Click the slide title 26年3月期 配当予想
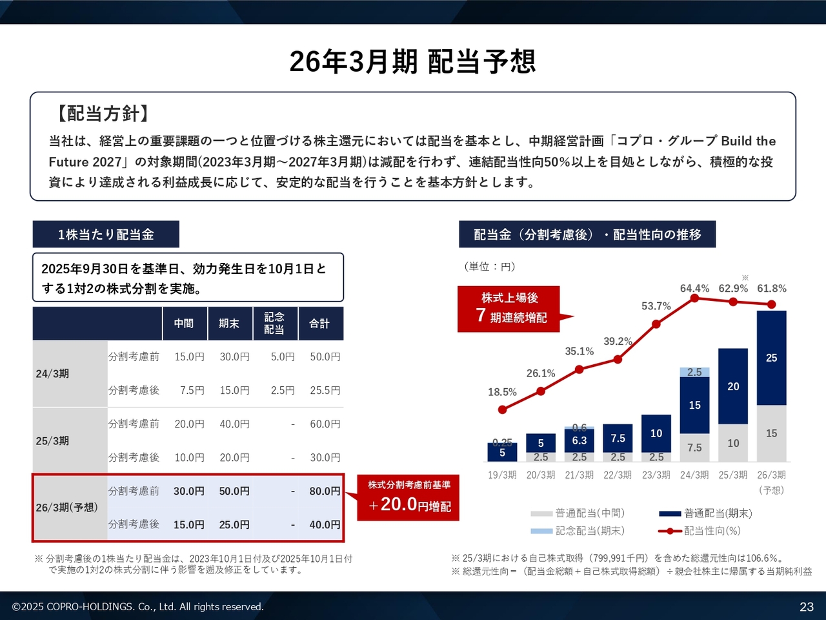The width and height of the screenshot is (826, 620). click(x=412, y=62)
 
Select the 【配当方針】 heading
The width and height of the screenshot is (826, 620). click(x=102, y=114)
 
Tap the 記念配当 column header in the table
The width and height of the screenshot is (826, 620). click(x=274, y=323)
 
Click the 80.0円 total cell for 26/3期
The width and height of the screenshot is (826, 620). click(x=325, y=491)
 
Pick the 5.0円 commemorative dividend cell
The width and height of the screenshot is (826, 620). click(x=283, y=356)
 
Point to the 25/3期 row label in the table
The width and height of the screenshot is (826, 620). click(x=52, y=440)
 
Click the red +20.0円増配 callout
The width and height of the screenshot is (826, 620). click(x=409, y=497)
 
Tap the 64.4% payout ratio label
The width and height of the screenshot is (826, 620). click(x=694, y=288)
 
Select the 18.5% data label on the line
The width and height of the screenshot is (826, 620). click(x=502, y=392)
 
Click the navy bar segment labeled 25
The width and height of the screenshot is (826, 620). click(x=771, y=358)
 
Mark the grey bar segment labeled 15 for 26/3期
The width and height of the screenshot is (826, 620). click(x=771, y=433)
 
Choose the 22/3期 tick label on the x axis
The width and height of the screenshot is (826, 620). click(x=618, y=475)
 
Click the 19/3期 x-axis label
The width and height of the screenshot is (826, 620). click(x=502, y=475)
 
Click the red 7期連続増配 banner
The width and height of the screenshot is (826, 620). click(x=510, y=308)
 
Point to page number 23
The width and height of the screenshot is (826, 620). click(x=807, y=606)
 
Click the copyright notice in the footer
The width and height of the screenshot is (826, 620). click(x=137, y=606)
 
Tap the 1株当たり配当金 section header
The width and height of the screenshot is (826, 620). click(x=106, y=234)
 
